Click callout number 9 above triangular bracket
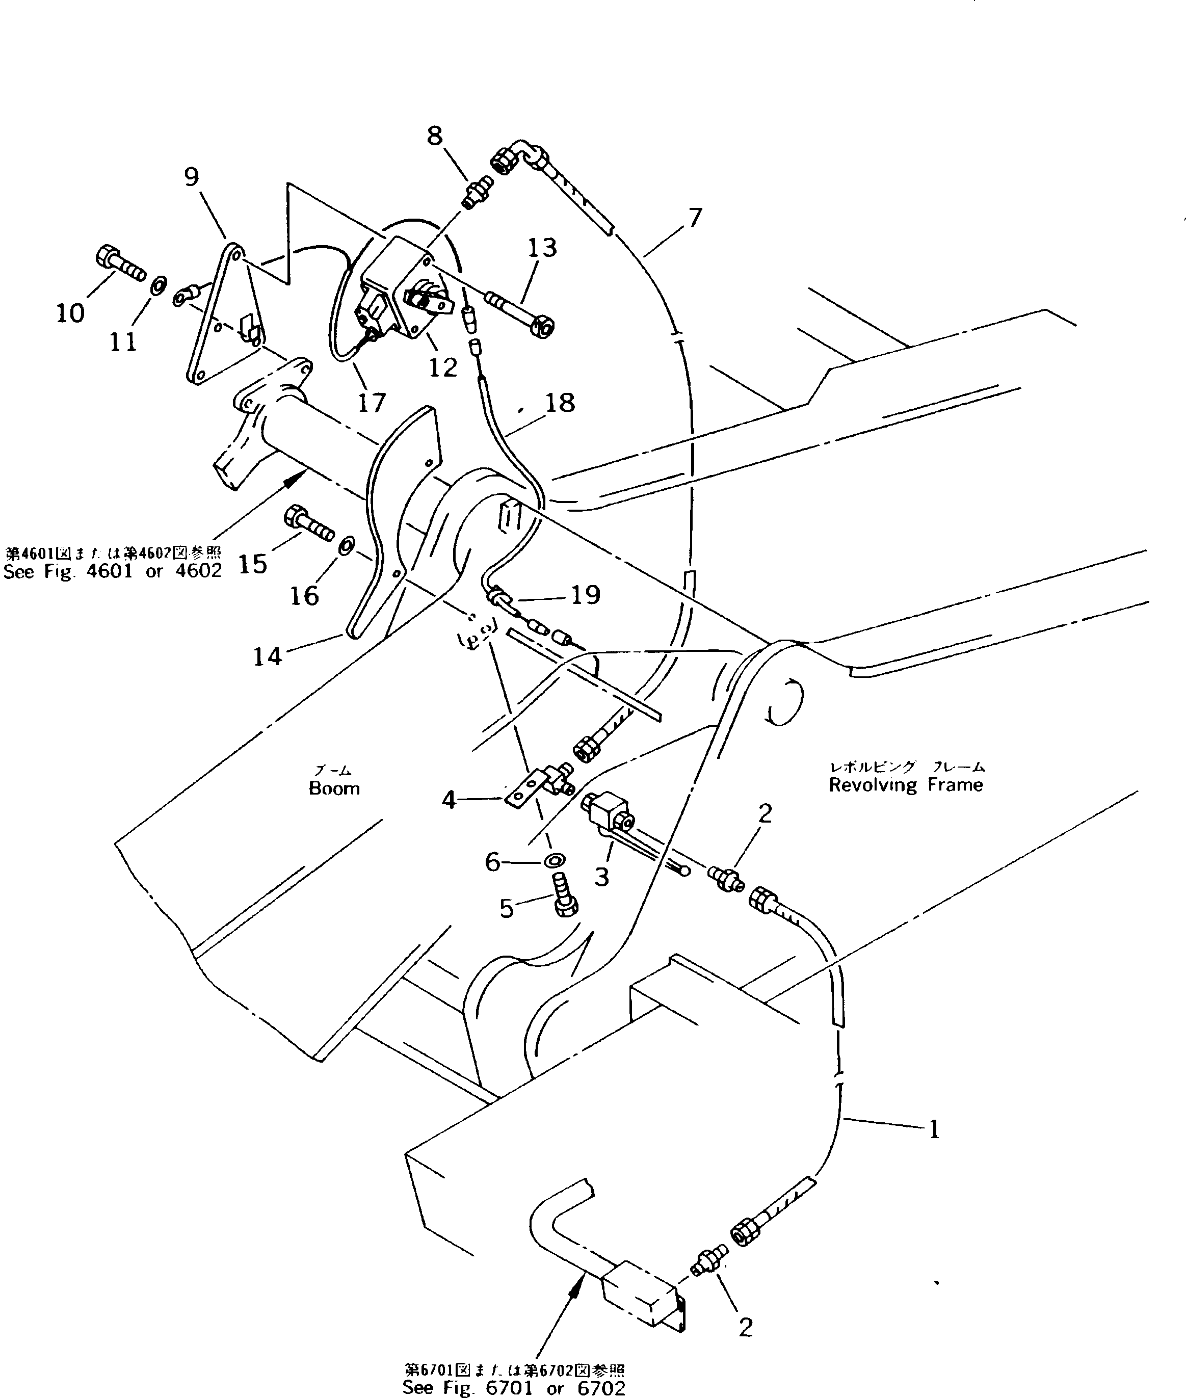click(x=192, y=177)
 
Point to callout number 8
click(x=435, y=137)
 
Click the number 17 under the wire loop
click(x=371, y=402)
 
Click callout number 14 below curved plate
click(x=267, y=655)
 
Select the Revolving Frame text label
click(x=905, y=785)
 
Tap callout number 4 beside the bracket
click(x=449, y=800)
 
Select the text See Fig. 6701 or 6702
click(x=514, y=1388)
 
